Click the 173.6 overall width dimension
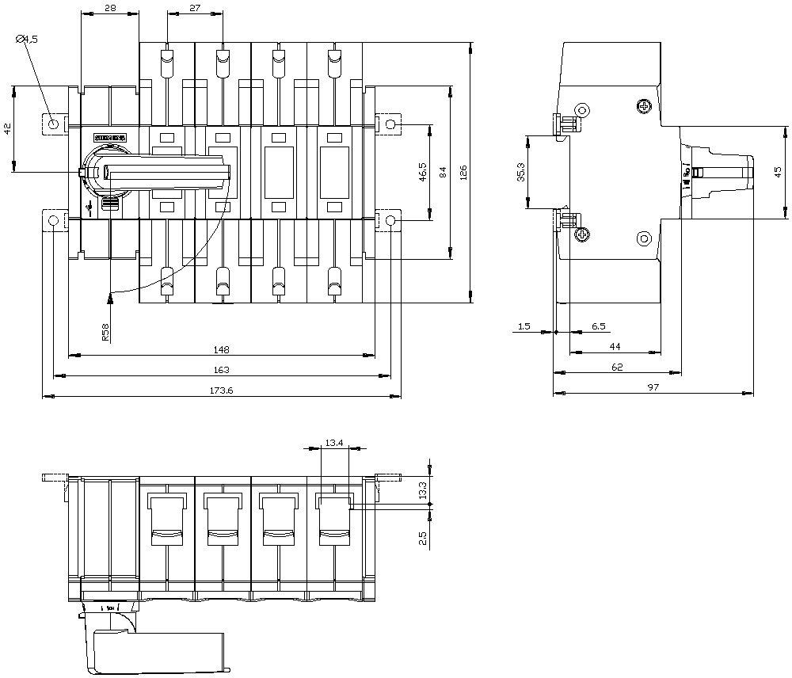pos(222,390)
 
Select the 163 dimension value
pos(222,370)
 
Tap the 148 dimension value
pos(222,349)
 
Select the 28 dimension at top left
pos(110,9)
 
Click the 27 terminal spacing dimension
pos(195,9)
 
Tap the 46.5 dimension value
pos(423,172)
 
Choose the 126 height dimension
pos(464,172)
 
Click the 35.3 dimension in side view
pos(519,173)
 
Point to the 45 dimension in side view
pos(778,171)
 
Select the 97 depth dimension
pos(653,388)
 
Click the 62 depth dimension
pos(617,368)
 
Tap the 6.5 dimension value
pos(599,326)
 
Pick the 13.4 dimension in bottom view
pos(333,444)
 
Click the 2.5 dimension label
pos(423,539)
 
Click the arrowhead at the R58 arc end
pos(110,298)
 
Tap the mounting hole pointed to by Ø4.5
pos(53,124)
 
